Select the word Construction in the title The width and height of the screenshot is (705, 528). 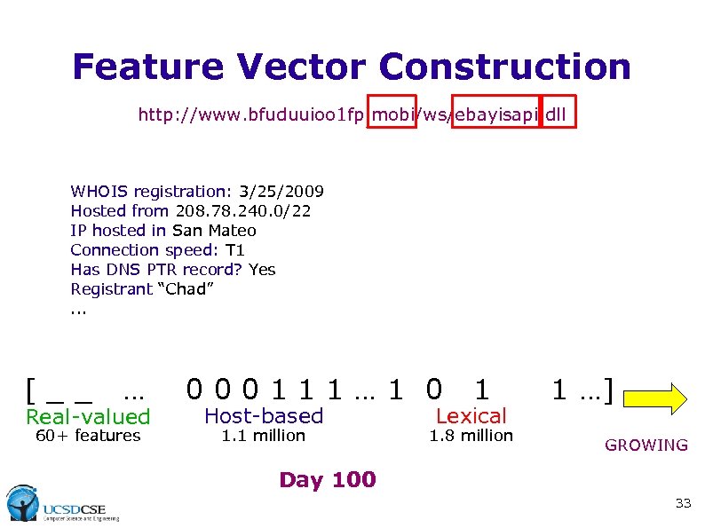(x=506, y=67)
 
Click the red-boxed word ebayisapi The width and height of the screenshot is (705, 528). (x=495, y=114)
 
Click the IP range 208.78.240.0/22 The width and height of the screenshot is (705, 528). (x=249, y=211)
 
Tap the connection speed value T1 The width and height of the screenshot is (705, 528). (x=235, y=250)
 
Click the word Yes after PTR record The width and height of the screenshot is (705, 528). (x=262, y=270)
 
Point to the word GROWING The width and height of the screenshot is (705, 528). (x=646, y=445)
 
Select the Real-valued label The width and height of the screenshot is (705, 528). (x=88, y=416)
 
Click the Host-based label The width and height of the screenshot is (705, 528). (x=264, y=415)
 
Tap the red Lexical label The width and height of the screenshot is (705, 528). (x=471, y=415)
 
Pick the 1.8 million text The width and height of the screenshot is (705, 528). (x=471, y=436)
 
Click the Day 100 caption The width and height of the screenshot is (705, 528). (x=328, y=480)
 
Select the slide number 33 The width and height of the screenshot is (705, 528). (x=682, y=503)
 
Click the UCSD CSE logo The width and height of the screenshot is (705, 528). (x=62, y=504)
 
